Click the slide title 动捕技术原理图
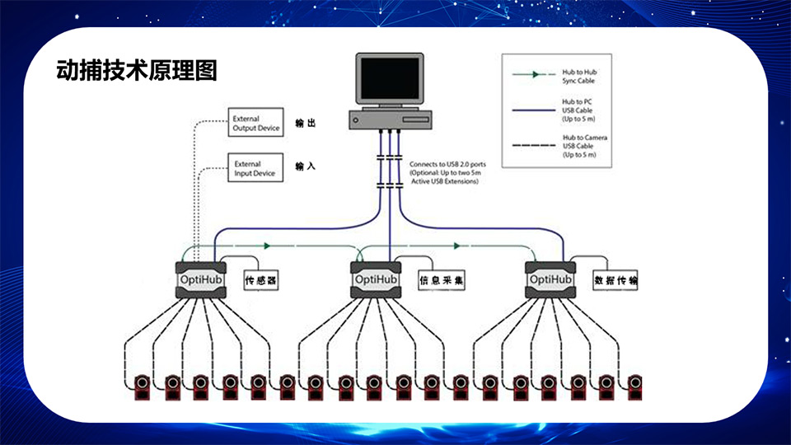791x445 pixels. (137, 70)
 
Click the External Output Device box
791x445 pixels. (255, 124)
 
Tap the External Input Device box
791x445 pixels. (255, 169)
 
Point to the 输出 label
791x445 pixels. (306, 124)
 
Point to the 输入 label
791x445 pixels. (306, 166)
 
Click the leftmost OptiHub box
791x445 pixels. (201, 279)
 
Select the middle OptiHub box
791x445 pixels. (375, 279)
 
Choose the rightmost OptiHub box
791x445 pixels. (550, 279)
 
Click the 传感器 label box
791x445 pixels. (260, 281)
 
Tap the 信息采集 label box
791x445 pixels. (442, 281)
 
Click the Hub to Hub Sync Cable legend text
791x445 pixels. (580, 77)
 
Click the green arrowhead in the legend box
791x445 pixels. (536, 74)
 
